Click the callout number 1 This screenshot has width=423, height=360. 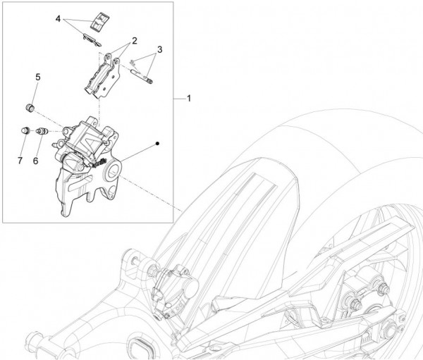[x=189, y=99]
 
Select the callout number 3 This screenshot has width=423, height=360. [x=160, y=49]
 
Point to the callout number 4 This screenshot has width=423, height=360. [x=59, y=19]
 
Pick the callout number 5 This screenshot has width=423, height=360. [x=38, y=76]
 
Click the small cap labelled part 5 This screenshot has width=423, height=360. [x=30, y=106]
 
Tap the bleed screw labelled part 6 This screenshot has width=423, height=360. [x=40, y=131]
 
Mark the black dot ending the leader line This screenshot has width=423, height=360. [x=159, y=144]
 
